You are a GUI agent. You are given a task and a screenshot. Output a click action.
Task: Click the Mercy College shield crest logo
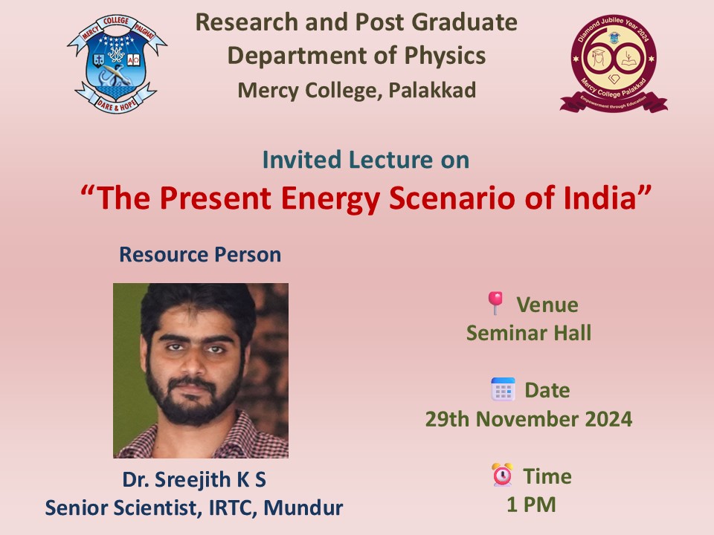click(x=117, y=64)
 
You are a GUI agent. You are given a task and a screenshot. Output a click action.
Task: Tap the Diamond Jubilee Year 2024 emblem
click(x=614, y=63)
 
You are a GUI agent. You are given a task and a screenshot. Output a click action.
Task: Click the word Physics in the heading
click(x=445, y=56)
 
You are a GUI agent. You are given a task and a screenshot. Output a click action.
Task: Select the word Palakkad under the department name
click(x=432, y=90)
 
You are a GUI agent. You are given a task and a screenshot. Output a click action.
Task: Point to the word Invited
click(x=302, y=160)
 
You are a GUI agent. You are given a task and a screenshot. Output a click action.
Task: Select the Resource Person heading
click(x=200, y=254)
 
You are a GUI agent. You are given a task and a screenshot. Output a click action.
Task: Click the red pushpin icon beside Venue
click(x=495, y=303)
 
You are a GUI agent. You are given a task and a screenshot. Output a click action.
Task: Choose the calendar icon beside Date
click(x=504, y=389)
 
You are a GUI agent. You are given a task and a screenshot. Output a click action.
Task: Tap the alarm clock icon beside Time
click(x=502, y=475)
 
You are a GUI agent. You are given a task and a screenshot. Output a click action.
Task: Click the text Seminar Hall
click(x=529, y=333)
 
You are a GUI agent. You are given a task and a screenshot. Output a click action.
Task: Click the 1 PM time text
click(x=531, y=505)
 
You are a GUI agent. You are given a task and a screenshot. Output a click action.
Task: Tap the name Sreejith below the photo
click(x=193, y=481)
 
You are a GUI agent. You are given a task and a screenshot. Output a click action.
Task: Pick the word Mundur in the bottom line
click(x=303, y=508)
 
